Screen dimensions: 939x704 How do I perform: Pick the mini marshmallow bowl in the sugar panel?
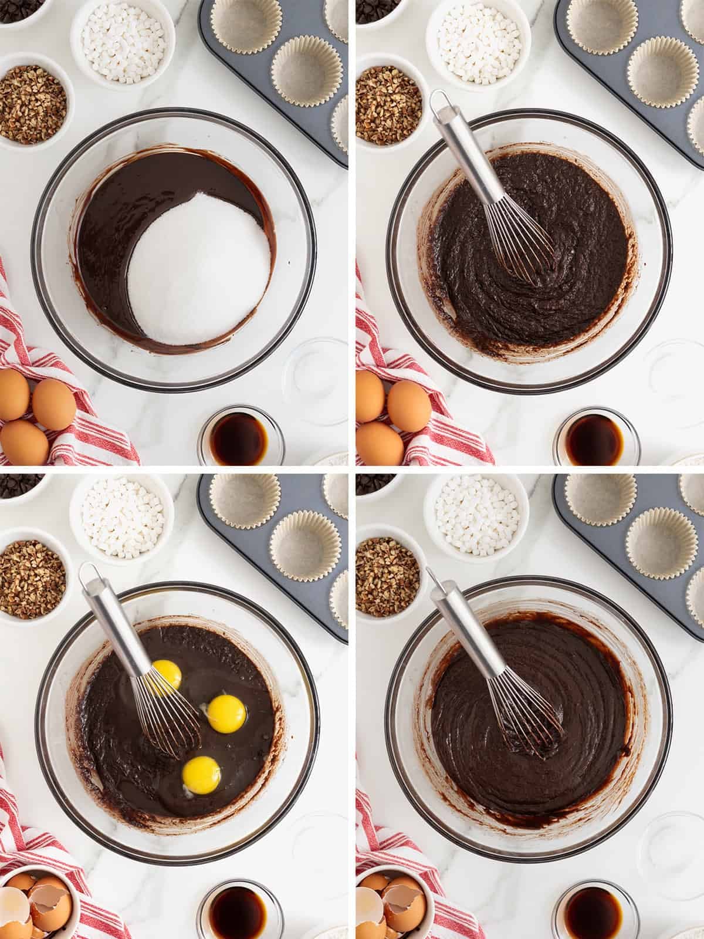(x=123, y=36)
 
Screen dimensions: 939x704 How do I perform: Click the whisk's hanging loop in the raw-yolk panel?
(x=89, y=572)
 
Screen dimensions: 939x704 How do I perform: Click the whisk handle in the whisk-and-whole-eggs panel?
(x=463, y=153)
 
